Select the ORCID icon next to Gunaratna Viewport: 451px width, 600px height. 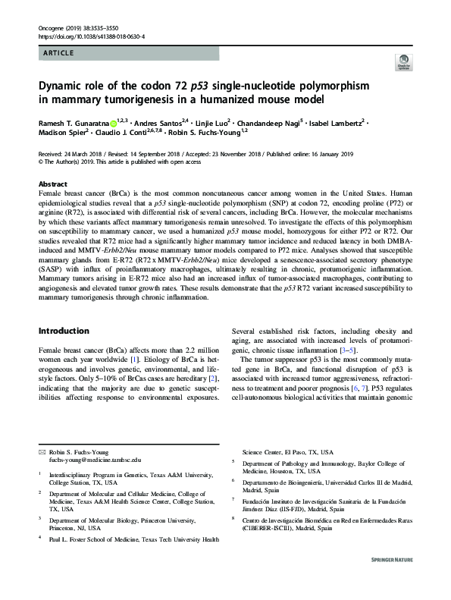114,123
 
